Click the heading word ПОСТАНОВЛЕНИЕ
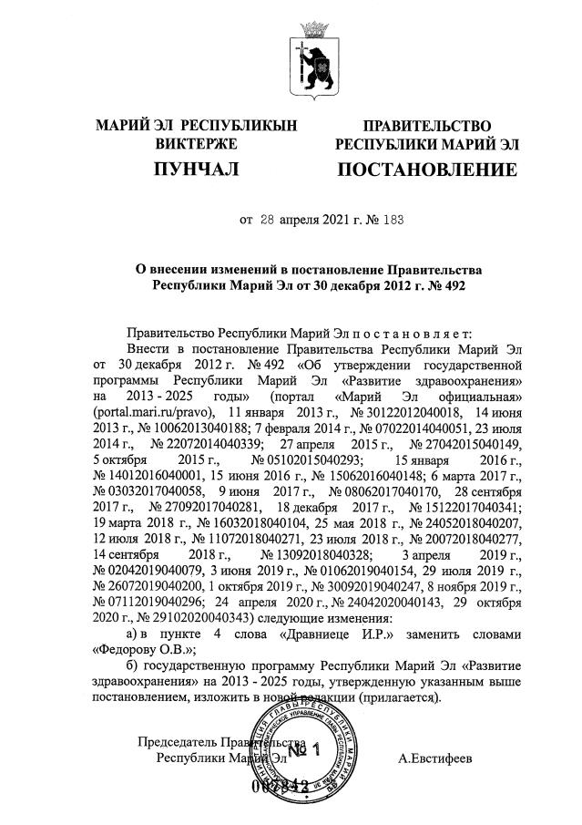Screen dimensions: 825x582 coord(427,170)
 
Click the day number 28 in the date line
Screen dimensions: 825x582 coord(267,220)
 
